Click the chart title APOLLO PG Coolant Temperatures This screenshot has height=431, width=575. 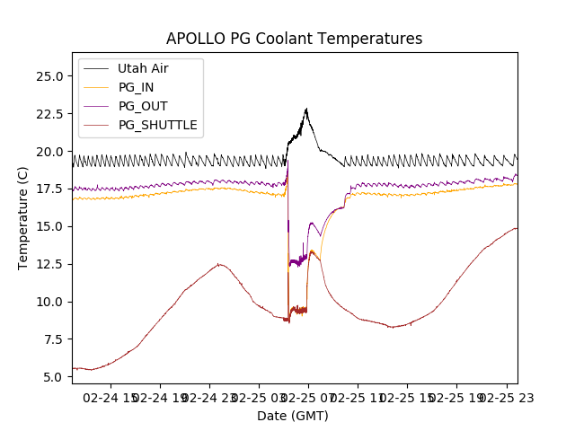coord(294,39)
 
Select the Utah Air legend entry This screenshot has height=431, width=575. coord(142,68)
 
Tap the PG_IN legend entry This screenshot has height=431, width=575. coord(136,87)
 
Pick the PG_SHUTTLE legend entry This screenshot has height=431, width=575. coord(157,125)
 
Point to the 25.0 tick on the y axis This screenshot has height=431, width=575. coord(49,76)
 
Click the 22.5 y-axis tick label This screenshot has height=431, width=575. coord(49,114)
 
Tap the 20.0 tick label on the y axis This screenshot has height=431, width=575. coord(49,152)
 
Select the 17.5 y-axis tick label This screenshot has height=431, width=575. coord(49,189)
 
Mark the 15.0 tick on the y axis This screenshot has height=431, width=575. coord(49,226)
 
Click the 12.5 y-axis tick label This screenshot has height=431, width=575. coord(49,264)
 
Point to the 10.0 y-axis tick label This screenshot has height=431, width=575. coord(49,302)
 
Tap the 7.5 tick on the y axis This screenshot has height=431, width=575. coord(52,339)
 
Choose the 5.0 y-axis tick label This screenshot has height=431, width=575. coord(52,377)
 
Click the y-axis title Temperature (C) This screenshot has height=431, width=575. coord(23,218)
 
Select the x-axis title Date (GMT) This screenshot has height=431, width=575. coord(293,416)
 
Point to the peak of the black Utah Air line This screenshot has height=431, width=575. coord(306,110)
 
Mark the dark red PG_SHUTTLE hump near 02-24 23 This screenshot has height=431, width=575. coord(218,264)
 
